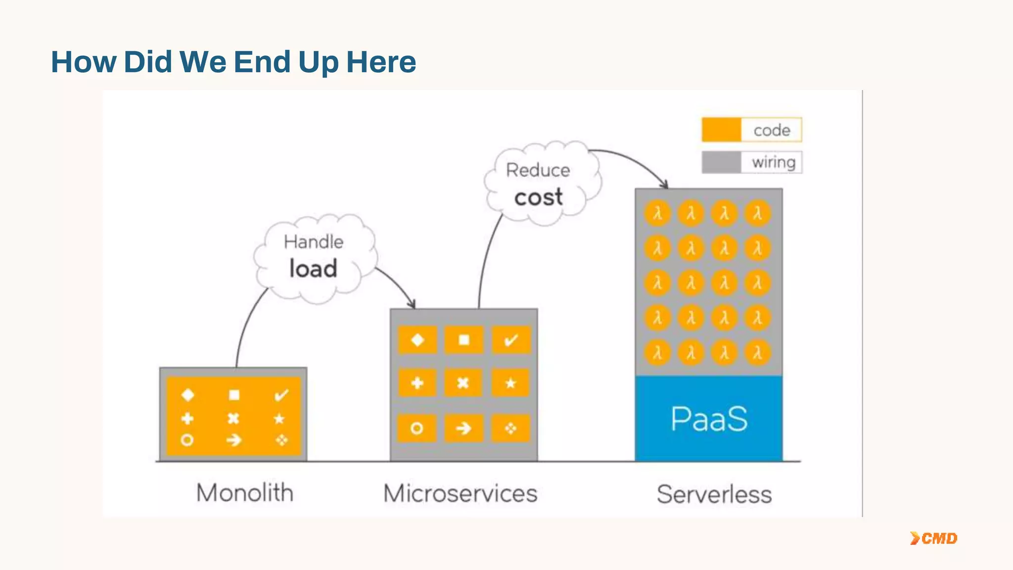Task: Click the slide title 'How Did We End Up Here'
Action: [x=233, y=62]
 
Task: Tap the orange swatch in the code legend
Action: [x=721, y=130]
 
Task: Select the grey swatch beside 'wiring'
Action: [x=721, y=162]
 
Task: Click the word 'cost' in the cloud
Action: [x=538, y=197]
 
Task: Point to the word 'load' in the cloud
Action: [x=313, y=269]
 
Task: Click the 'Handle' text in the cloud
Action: [x=313, y=242]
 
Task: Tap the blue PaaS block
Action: [x=709, y=419]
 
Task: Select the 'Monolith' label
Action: [x=245, y=493]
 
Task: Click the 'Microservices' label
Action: [x=460, y=493]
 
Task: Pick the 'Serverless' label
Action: [x=714, y=494]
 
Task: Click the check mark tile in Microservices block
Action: [x=511, y=340]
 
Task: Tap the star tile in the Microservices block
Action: [x=511, y=383]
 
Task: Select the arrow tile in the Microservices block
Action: [x=463, y=428]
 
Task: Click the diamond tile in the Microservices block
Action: [x=417, y=340]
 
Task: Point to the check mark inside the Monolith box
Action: [x=281, y=395]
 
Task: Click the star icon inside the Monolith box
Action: [x=279, y=419]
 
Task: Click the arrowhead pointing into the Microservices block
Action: [x=412, y=304]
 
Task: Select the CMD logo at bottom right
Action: [x=934, y=538]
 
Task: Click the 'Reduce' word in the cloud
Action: [x=538, y=170]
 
